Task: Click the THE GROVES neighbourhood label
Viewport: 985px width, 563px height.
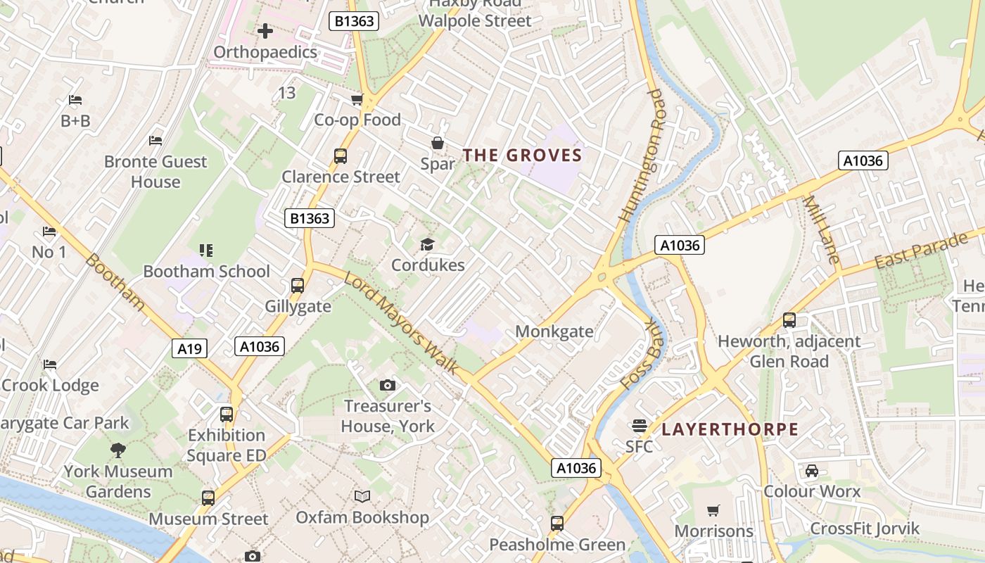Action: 522,156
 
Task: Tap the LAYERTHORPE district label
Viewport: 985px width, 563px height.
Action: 730,429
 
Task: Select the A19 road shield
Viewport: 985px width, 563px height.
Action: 189,348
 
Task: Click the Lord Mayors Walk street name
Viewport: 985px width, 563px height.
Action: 401,323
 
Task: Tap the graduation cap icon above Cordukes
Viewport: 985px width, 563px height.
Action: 427,244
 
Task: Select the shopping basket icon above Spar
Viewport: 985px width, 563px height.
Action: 438,144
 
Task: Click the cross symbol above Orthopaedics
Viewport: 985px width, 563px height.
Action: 265,31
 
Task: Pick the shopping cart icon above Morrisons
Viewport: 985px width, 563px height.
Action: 713,510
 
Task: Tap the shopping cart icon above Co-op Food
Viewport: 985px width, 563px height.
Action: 357,99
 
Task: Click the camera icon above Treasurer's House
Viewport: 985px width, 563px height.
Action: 387,385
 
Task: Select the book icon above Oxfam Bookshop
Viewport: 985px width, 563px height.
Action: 362,496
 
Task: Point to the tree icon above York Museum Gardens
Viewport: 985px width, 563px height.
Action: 118,450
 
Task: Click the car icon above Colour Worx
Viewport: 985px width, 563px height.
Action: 812,470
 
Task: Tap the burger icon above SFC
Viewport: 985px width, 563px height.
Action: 639,425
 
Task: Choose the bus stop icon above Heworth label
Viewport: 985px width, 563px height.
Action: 789,320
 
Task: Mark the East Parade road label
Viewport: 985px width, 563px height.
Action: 921,251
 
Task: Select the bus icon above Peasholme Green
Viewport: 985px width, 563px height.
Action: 557,524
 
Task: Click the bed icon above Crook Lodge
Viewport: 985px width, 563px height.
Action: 49,365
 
